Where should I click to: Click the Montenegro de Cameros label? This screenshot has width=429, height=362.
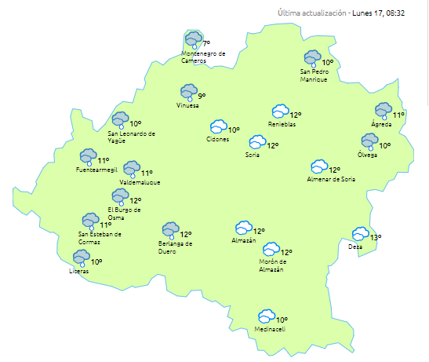203,57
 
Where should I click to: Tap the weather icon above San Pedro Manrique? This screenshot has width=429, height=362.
313,58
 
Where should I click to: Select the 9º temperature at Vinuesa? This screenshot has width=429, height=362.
202,96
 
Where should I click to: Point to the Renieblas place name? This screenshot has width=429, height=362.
282,125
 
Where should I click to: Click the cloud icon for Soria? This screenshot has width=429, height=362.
256,142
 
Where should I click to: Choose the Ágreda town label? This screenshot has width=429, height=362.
381,124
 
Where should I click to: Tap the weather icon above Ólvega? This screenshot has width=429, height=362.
369,141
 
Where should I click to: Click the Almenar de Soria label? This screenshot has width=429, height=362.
331,179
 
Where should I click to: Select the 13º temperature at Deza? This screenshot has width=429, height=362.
376,237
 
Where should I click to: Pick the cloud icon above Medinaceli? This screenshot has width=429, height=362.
267,316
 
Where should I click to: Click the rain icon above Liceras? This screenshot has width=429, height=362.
80,258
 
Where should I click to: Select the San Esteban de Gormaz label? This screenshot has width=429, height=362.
100,237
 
